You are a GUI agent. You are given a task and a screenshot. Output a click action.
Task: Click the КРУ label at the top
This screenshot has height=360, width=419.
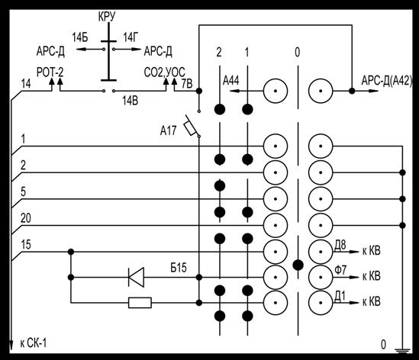click(x=107, y=17)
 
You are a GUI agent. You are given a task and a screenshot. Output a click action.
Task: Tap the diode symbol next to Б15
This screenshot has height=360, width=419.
click(x=137, y=277)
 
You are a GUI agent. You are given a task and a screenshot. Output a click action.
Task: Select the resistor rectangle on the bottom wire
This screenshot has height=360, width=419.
click(x=140, y=303)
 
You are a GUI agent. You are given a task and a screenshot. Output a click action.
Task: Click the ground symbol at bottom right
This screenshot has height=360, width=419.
click(x=402, y=350)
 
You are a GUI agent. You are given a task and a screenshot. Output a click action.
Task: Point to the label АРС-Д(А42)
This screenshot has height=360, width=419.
click(x=387, y=81)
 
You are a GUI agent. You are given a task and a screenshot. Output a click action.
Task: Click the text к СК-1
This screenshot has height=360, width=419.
click(x=34, y=343)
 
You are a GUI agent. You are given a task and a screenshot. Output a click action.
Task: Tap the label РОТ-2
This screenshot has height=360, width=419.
click(x=50, y=72)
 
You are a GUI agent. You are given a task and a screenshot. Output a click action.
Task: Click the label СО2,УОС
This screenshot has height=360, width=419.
click(x=164, y=72)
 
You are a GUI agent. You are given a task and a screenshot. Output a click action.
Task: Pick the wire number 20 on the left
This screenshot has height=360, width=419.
click(x=26, y=218)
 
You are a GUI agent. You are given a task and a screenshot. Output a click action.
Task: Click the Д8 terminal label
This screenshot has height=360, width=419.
click(x=340, y=245)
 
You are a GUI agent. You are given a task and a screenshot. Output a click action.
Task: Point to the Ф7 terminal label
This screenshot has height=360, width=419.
click(x=340, y=270)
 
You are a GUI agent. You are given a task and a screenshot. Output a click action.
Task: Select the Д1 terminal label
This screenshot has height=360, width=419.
click(x=340, y=296)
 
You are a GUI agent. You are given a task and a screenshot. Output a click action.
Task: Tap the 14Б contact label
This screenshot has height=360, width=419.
click(x=80, y=38)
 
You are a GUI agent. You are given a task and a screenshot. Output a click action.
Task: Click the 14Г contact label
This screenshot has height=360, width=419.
click(x=131, y=37)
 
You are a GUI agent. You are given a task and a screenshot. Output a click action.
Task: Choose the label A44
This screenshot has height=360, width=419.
click(x=231, y=80)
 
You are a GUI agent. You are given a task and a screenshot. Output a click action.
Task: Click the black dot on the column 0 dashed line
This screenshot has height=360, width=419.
click(x=298, y=265)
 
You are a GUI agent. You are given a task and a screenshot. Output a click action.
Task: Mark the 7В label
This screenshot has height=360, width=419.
click(x=187, y=84)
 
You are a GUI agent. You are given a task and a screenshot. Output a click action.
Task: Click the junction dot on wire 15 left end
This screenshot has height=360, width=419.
click(x=71, y=252)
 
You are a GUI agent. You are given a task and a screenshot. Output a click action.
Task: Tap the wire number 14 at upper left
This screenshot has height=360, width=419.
click(x=26, y=84)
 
